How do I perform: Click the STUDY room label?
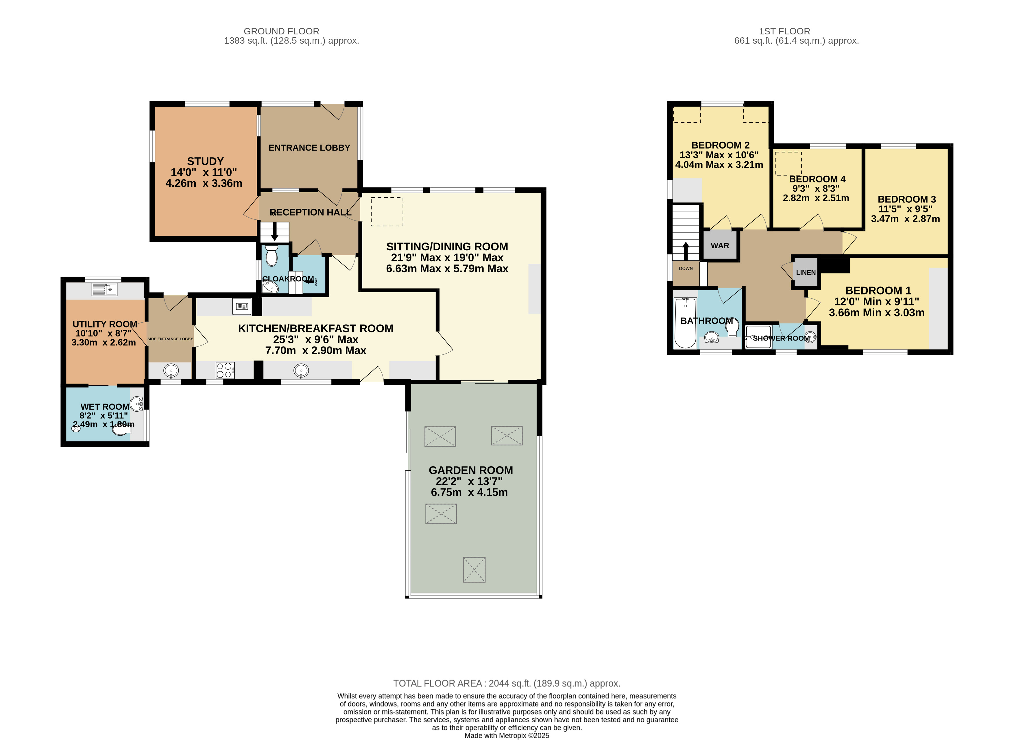(205, 161)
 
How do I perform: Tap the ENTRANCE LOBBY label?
(309, 148)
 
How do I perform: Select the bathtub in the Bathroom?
(685, 323)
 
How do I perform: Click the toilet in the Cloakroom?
(271, 255)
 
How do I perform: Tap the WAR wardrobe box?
(720, 245)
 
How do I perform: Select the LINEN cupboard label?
(806, 272)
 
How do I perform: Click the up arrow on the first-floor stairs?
(686, 251)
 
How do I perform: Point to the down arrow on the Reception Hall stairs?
(275, 232)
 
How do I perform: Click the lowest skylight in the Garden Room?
(474, 569)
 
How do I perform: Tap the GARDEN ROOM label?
(470, 470)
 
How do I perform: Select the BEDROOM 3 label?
(906, 199)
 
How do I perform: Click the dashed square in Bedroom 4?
(788, 164)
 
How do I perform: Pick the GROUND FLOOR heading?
(281, 31)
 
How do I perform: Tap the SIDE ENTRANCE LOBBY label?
(170, 339)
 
